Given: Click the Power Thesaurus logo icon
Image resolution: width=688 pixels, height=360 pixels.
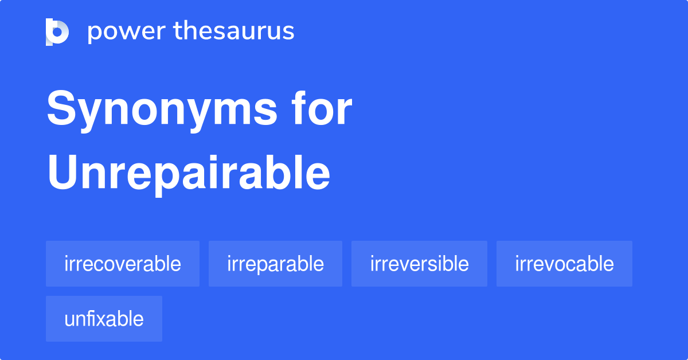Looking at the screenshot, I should [x=57, y=32].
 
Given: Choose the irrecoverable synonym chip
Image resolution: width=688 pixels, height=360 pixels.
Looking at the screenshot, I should [x=123, y=264].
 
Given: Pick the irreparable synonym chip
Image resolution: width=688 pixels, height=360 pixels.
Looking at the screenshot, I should [x=275, y=264].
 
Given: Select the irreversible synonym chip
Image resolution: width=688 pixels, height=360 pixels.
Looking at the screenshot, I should [x=419, y=264].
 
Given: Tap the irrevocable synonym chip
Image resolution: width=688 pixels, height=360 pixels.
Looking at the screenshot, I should [x=564, y=264].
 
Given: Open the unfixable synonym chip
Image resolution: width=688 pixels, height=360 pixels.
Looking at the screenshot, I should [x=104, y=319].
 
